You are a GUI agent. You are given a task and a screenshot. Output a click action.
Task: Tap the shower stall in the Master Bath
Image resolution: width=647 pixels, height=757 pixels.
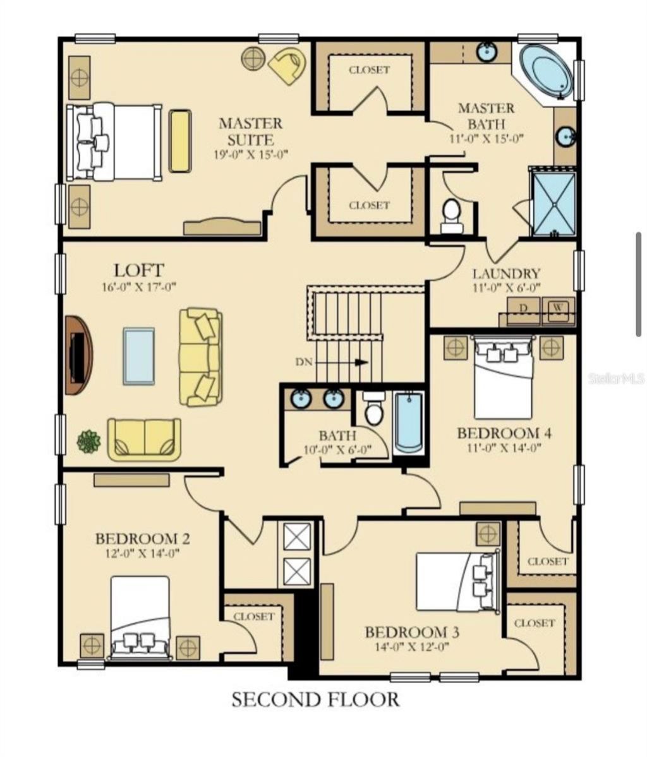[x=553, y=203]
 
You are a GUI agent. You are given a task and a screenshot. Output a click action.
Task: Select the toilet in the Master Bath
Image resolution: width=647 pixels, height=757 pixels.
[x=452, y=216]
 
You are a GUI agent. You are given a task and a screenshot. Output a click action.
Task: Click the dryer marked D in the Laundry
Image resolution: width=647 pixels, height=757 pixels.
[x=524, y=311]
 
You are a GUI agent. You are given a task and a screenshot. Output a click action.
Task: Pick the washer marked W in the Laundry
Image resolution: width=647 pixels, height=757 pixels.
[x=559, y=311]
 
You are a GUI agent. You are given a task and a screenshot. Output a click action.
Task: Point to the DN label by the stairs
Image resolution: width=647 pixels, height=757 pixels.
[x=304, y=362]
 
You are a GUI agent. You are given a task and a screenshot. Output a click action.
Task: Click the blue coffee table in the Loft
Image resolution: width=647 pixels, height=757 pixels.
[x=138, y=356]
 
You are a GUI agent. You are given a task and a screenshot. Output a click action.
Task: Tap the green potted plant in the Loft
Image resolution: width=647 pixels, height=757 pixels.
[x=89, y=441]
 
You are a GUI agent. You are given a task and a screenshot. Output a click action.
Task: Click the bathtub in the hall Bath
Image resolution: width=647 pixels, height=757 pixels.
[x=409, y=424]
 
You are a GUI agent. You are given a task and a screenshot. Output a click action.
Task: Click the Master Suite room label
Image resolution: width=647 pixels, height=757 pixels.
[x=250, y=131]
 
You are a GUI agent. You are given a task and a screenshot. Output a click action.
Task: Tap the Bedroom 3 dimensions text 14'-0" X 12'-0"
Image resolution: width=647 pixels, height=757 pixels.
[x=412, y=647]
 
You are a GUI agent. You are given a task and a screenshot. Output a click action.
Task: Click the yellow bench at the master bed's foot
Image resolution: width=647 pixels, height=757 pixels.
[x=179, y=141]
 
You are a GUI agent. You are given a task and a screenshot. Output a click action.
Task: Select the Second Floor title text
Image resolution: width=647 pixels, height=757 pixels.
[x=315, y=700]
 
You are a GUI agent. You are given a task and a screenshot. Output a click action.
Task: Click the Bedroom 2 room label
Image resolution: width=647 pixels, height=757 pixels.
[x=143, y=539]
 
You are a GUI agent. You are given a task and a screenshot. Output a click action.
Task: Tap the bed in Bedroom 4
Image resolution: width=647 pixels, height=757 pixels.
[x=504, y=378]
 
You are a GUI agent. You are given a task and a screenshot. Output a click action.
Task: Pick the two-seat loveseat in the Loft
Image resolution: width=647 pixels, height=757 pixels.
[x=145, y=439]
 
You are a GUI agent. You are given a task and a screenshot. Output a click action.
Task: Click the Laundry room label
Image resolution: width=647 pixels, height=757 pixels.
[x=506, y=274]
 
